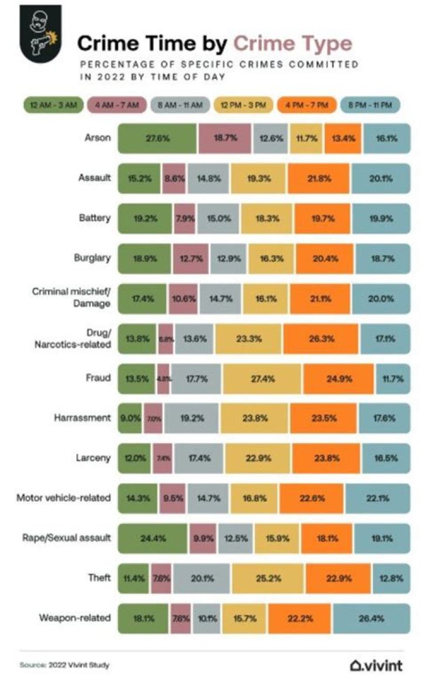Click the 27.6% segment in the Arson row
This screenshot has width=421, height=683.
click(157, 139)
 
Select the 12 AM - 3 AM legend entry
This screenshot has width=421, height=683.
click(53, 105)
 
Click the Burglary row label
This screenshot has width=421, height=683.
click(94, 254)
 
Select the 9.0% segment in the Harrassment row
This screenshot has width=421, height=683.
click(130, 418)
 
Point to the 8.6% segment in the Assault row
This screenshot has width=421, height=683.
click(174, 178)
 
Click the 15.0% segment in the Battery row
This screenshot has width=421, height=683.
click(218, 218)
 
